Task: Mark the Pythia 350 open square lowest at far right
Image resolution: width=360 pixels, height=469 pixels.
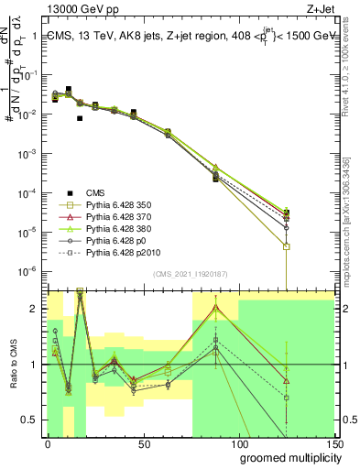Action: coord(287,246)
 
